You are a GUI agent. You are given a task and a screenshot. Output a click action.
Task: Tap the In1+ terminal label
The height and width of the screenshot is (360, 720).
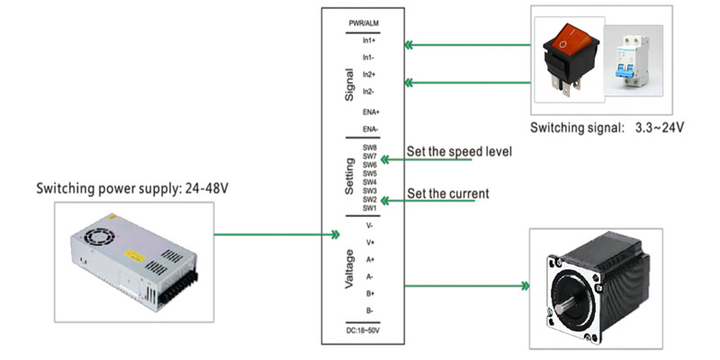point(368,40)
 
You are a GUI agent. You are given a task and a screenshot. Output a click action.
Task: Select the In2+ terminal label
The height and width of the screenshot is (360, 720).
point(368,75)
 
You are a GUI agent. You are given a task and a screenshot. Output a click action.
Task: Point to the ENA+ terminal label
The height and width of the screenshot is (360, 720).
point(369,112)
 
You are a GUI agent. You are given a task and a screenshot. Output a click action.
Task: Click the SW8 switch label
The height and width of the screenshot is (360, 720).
point(369,148)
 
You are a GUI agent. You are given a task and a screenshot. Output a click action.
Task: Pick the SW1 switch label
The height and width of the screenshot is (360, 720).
point(369,208)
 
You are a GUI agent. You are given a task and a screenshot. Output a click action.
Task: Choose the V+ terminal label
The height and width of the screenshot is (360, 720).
point(369,242)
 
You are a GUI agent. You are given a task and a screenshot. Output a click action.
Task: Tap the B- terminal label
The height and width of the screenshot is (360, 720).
point(369,310)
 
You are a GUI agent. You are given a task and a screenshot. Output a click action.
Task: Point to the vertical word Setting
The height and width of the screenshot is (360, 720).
point(349,177)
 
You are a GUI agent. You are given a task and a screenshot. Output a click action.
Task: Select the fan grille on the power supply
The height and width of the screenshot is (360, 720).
point(98,231)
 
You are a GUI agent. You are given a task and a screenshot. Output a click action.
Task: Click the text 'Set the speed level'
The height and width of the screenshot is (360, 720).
point(459,151)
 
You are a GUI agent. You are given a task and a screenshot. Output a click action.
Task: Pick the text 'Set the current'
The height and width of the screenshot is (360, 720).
point(448,193)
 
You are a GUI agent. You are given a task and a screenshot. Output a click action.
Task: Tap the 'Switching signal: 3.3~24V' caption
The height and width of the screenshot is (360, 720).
point(607,128)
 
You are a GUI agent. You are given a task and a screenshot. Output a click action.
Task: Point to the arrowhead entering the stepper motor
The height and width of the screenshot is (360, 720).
point(523,287)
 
